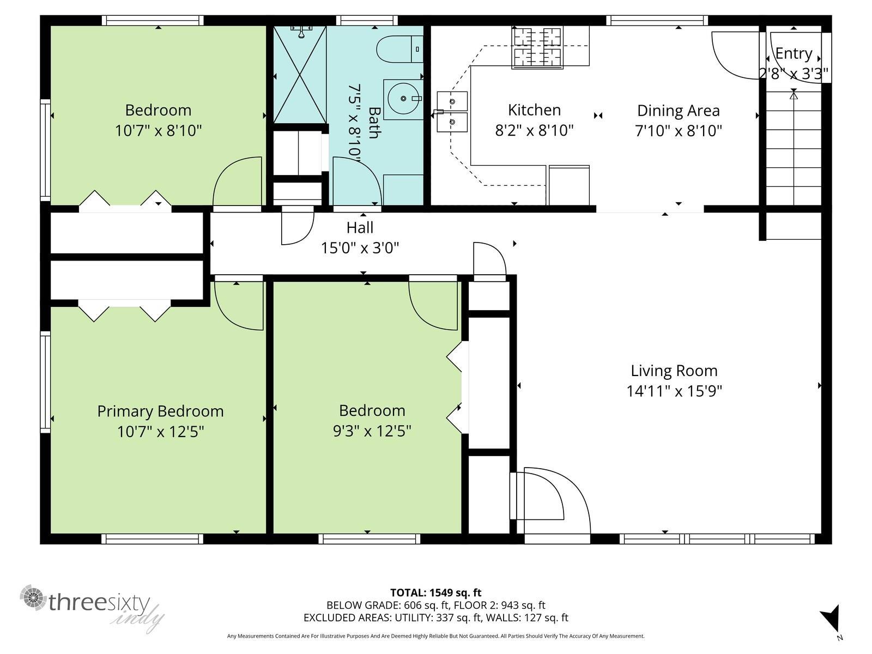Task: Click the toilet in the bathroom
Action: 399,49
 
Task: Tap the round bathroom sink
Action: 403,99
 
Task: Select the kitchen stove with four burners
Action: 537,47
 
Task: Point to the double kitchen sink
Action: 452,112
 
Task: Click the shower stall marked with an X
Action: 300,75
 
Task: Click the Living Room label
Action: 674,371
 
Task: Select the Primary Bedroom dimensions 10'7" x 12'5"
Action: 160,431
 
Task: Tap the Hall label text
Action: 360,227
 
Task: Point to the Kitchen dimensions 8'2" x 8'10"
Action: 534,130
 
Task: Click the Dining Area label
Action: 679,111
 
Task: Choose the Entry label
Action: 794,53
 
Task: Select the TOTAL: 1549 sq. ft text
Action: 436,593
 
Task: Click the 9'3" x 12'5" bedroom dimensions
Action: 372,431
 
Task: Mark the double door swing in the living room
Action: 550,501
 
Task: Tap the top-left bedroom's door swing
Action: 237,181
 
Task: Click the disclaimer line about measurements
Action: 436,636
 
